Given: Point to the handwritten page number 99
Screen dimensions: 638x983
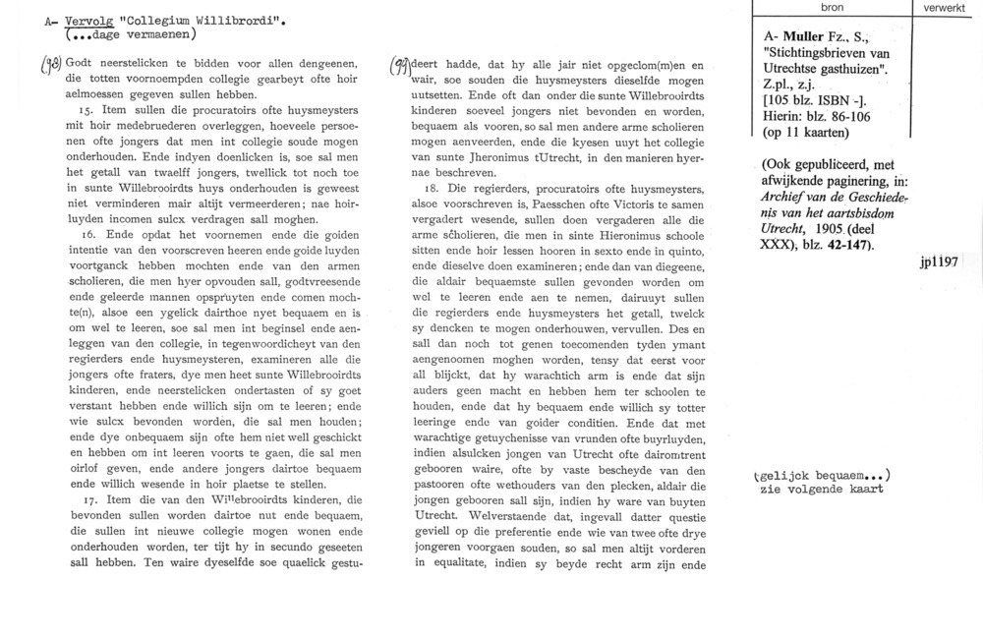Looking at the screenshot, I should pyautogui.click(x=401, y=66).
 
